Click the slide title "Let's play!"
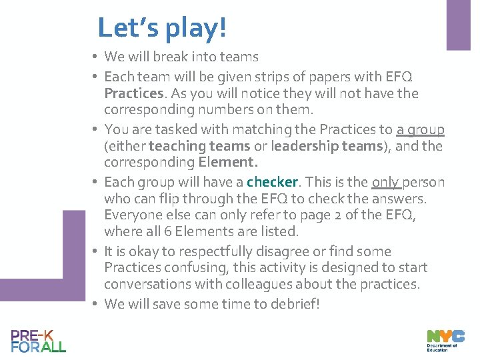click(162, 28)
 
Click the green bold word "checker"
click(273, 182)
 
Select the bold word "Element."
click(228, 162)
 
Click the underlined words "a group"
click(420, 129)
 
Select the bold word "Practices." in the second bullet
click(134, 93)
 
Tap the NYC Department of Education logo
click(445, 341)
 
